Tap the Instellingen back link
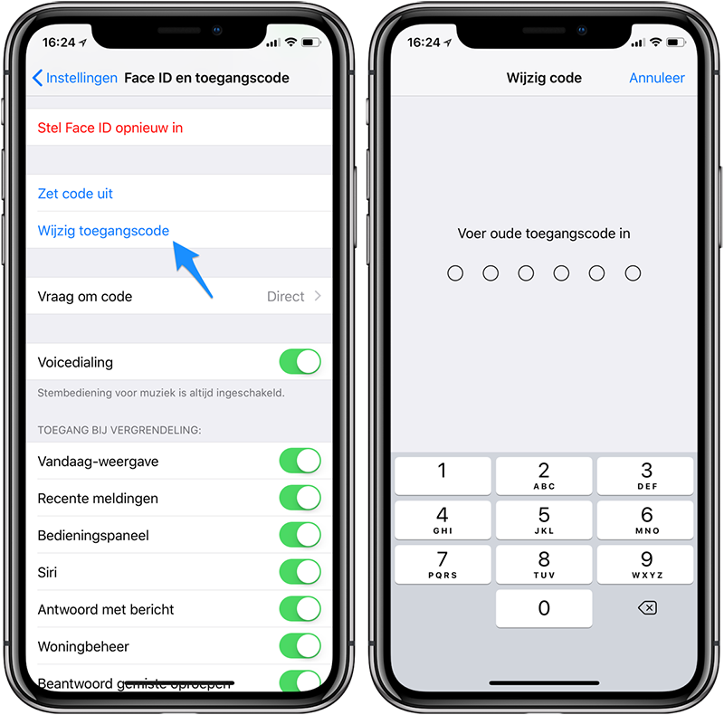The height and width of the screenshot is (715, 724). (75, 78)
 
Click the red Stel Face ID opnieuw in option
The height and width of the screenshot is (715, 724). (110, 128)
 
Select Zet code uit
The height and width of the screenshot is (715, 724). (75, 194)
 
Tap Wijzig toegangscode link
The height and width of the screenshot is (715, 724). (103, 231)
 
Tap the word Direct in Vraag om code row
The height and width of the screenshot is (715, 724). (285, 297)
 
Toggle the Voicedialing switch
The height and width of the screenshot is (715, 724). (300, 362)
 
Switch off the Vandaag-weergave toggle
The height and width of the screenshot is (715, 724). (300, 461)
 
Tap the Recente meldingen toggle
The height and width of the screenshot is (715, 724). (300, 498)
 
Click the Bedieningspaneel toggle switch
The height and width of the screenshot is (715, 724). (300, 535)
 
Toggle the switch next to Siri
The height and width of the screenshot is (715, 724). (300, 572)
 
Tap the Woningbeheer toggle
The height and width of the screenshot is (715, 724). (300, 645)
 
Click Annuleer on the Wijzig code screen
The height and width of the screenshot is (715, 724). (657, 78)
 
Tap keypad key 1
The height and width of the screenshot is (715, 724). (443, 475)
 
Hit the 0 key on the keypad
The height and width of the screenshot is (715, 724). (544, 608)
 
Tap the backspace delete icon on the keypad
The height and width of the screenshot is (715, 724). (647, 608)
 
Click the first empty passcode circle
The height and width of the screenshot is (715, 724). (455, 273)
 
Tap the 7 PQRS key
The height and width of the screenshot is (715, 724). (443, 565)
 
